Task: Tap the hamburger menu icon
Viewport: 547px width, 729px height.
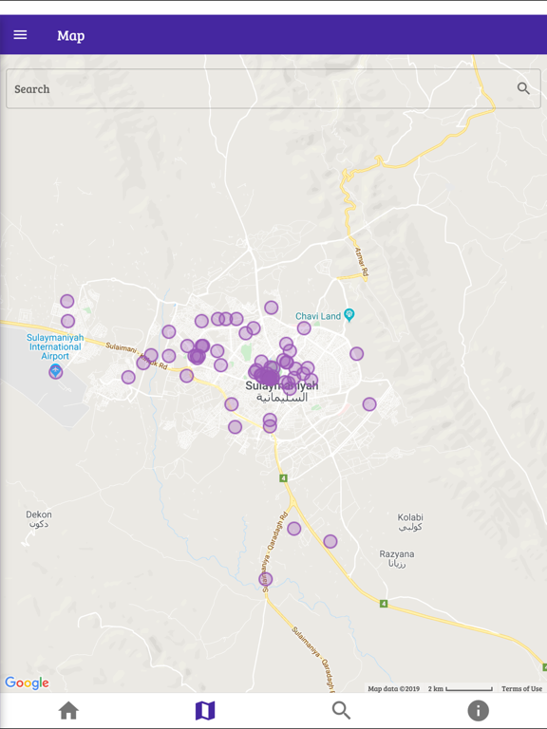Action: click(20, 35)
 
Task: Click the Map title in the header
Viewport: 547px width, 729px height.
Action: click(70, 35)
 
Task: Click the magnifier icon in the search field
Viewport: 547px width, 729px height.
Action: click(523, 88)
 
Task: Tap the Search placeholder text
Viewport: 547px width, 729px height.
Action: click(32, 89)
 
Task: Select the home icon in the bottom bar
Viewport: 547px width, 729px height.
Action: click(68, 710)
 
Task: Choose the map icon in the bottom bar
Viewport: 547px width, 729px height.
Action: click(205, 710)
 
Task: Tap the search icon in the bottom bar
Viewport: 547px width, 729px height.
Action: click(342, 710)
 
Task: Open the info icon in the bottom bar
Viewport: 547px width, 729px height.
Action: click(479, 710)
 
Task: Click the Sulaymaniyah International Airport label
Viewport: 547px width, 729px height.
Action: click(55, 346)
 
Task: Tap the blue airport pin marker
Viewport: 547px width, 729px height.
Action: click(56, 371)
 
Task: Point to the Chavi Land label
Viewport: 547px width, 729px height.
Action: click(317, 316)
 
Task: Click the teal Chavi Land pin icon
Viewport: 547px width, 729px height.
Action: click(349, 315)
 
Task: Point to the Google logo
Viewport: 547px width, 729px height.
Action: click(27, 682)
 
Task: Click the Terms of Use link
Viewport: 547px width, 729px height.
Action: click(521, 689)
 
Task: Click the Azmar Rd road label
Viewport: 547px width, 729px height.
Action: click(362, 262)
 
